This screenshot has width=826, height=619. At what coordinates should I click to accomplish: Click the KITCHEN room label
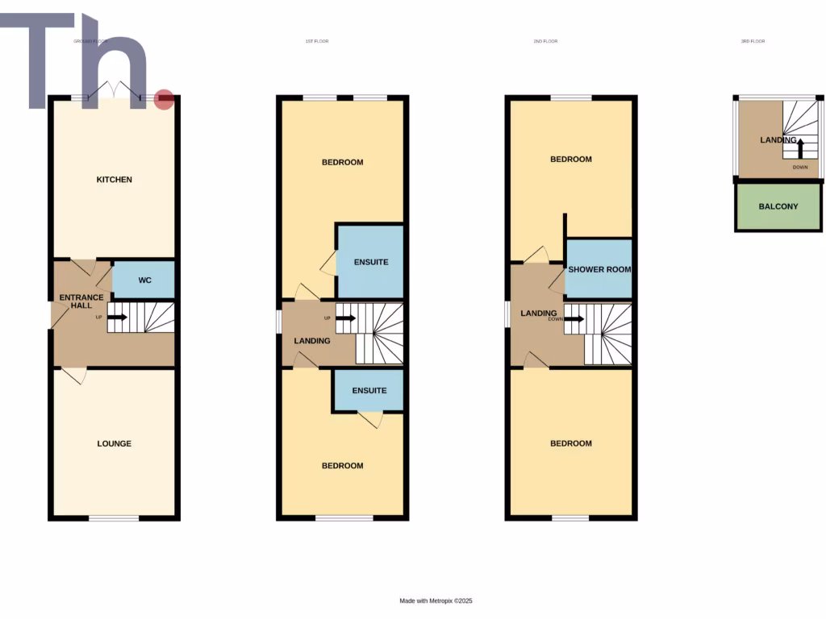(114, 180)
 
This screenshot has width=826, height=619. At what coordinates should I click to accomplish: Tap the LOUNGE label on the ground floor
(114, 443)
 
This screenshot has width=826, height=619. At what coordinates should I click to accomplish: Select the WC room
(144, 280)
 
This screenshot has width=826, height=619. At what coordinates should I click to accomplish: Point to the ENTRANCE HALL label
(81, 302)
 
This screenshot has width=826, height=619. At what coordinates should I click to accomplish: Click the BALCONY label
(778, 206)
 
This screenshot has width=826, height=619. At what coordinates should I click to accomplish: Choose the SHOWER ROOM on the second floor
(599, 270)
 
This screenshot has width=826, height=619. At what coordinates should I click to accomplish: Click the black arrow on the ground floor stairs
(117, 317)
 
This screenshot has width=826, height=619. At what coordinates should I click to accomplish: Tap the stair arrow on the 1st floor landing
(346, 318)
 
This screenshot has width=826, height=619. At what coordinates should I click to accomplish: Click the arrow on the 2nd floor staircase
(574, 318)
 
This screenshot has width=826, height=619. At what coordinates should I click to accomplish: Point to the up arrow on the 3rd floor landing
(800, 146)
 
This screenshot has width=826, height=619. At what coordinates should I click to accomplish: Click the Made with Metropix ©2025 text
(436, 600)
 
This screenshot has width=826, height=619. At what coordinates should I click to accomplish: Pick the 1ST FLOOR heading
(317, 41)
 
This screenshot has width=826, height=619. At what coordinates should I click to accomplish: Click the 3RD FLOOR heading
(753, 41)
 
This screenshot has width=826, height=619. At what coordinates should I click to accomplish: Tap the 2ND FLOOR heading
(545, 41)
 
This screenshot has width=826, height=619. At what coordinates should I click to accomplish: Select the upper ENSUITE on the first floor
(371, 262)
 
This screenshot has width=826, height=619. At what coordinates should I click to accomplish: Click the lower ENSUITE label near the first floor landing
(369, 391)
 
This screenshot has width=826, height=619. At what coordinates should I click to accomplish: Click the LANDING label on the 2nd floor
(539, 314)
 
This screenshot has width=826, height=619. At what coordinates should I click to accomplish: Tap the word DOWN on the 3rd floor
(799, 168)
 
